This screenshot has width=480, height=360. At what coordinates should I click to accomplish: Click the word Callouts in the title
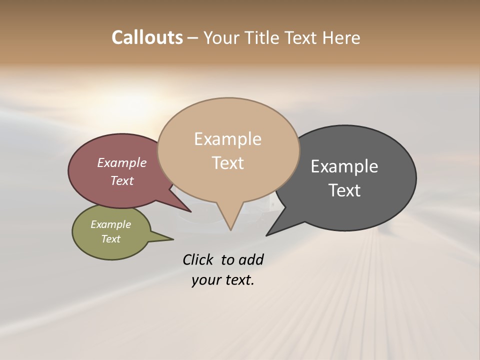click(147, 37)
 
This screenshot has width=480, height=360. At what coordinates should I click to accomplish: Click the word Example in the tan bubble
click(228, 139)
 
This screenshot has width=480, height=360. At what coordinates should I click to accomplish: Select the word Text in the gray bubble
click(344, 190)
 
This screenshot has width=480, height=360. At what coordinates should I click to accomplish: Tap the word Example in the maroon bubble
click(122, 162)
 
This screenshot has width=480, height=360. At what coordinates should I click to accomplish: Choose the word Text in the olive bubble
click(111, 239)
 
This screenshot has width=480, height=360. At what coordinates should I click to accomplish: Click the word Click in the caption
click(197, 259)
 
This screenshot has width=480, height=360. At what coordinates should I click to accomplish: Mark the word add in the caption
click(251, 259)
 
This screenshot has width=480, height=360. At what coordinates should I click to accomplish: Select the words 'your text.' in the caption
click(223, 280)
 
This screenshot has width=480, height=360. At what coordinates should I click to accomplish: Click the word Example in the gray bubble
click(344, 166)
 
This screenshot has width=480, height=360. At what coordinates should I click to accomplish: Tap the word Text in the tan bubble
click(228, 163)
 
